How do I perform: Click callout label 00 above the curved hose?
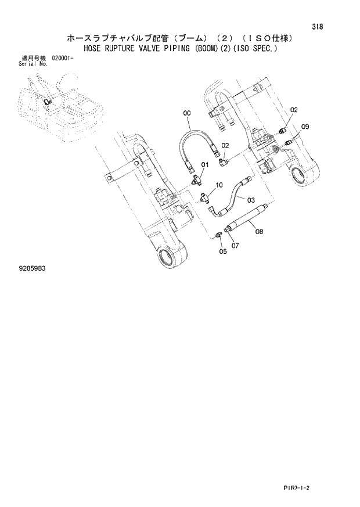click(x=187, y=114)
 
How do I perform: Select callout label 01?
click(x=204, y=165)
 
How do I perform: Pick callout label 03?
click(x=251, y=200)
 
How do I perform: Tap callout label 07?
click(x=236, y=246)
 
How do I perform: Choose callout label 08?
click(x=259, y=231)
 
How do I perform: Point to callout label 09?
click(x=305, y=127)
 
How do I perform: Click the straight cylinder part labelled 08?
click(x=246, y=219)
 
